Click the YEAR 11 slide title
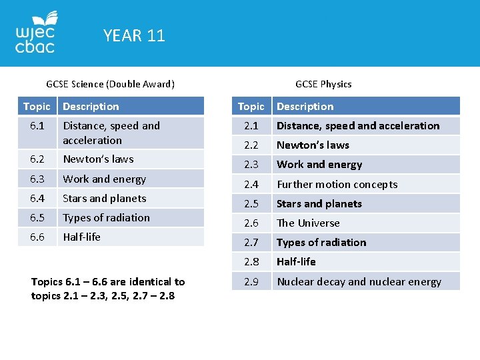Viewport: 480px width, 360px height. [134, 35]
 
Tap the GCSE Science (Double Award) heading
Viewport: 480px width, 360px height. [110, 84]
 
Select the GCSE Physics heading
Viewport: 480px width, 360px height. [323, 84]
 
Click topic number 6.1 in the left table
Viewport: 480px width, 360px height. [37, 126]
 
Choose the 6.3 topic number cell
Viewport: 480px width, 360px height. [37, 179]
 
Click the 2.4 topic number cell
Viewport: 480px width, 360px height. [251, 185]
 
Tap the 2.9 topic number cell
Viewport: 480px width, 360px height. [251, 282]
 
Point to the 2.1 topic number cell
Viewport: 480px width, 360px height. [251, 126]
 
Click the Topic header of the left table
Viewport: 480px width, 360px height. [37, 107]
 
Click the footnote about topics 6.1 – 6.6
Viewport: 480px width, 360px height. [107, 289]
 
